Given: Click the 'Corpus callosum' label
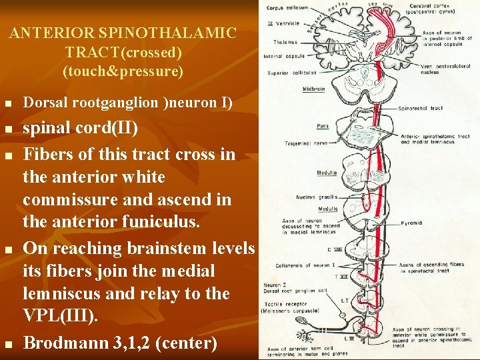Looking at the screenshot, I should tap(287, 8).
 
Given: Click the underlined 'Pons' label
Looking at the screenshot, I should tap(323, 125).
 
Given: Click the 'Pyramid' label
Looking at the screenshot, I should tap(412, 223).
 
